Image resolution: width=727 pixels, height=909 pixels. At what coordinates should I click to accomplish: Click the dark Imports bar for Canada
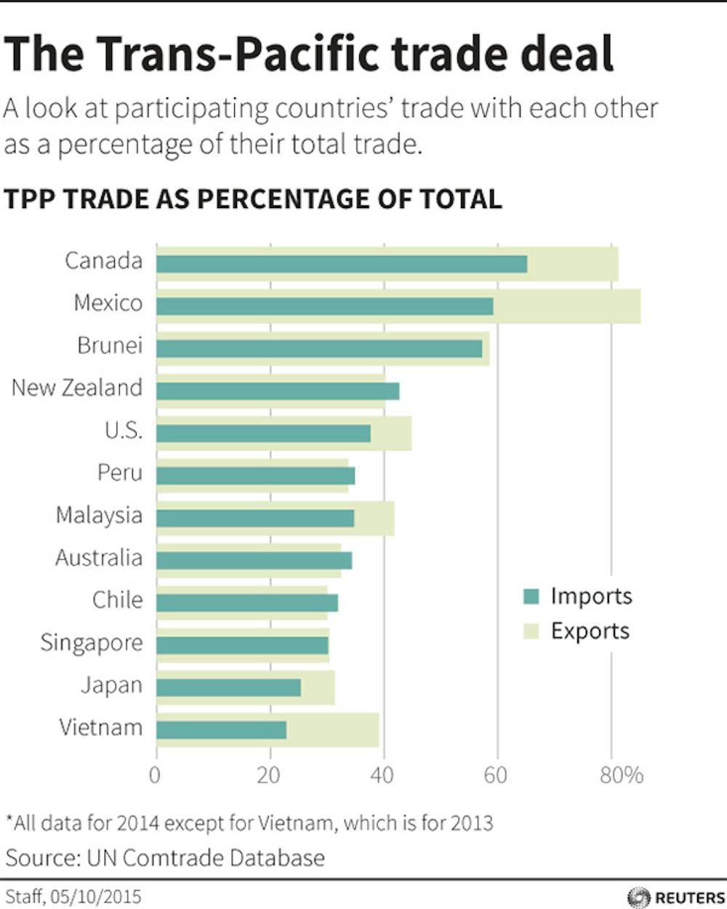342,264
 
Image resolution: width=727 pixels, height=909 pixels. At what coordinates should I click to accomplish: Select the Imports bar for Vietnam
222,729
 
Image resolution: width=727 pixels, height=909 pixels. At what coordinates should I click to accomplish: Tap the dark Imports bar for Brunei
319,349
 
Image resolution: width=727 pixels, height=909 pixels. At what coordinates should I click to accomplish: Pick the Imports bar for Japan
228,687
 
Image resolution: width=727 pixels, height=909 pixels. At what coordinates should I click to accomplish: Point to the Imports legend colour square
531,597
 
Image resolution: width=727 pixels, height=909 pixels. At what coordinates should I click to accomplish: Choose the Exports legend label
590,630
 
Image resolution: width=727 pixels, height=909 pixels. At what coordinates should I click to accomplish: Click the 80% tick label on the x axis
622,775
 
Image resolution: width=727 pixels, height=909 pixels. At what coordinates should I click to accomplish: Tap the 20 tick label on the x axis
269,775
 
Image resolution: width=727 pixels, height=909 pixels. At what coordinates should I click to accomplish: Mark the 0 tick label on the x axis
155,775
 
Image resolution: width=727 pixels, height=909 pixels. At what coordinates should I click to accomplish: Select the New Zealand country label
77,388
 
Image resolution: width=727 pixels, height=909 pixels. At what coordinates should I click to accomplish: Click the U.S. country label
123,431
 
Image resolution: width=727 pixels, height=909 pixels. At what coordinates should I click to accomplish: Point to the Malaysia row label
99,516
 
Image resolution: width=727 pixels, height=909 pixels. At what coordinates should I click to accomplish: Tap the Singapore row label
92,643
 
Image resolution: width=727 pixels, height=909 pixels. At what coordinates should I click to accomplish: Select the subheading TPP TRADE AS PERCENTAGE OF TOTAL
252,199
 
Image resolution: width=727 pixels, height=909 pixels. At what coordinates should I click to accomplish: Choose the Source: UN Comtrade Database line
165,857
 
